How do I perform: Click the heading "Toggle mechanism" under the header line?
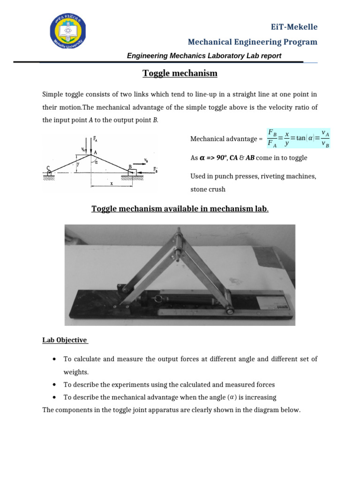click(x=180, y=73)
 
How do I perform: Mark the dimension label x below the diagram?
click(x=111, y=184)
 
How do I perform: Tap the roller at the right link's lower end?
click(x=230, y=310)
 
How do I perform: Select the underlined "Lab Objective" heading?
click(x=65, y=340)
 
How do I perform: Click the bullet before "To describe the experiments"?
click(x=55, y=385)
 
